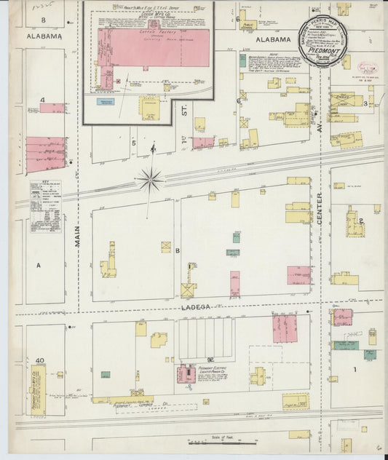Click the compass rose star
pos(151,178)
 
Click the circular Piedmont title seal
pos(330,41)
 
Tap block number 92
pos(210,360)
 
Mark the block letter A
pos(39,266)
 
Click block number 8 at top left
pos(43,19)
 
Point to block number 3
pos(365,104)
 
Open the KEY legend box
pos(45,207)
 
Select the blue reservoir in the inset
pos(106,103)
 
